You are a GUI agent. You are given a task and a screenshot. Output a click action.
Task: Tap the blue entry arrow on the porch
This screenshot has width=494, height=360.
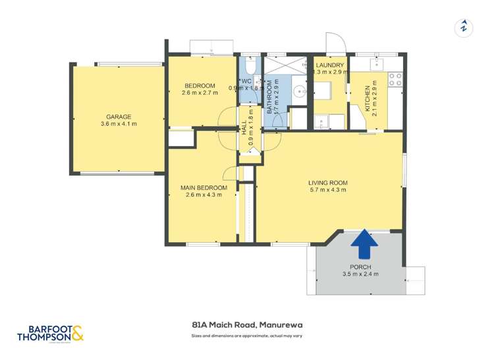point(364,246)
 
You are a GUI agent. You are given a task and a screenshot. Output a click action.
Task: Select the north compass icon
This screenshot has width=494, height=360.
point(464,28)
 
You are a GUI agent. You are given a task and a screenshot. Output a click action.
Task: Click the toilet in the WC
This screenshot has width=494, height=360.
point(249,68)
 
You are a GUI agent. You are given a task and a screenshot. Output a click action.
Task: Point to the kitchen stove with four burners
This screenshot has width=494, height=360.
point(395,79)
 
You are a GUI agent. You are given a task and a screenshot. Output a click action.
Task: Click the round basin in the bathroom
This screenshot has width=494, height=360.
point(300,91)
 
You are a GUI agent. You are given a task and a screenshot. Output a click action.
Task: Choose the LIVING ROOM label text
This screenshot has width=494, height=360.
point(327,183)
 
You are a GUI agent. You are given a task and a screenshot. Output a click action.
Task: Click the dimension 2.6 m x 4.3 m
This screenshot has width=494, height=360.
point(204,195)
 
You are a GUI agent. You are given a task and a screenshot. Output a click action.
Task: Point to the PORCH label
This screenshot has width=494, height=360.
point(360,267)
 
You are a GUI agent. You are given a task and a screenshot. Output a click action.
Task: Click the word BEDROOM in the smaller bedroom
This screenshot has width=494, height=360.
point(200,86)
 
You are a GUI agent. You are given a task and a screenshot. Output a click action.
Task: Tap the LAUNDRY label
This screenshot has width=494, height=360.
point(329,65)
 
